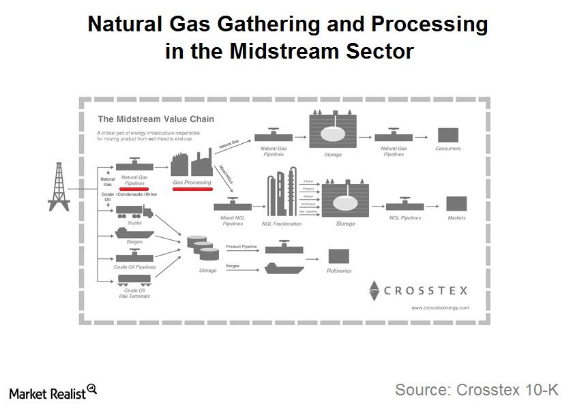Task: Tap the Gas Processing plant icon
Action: (192, 164)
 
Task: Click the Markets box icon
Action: (456, 203)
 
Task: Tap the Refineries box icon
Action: (338, 256)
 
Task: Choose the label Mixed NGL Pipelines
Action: (232, 220)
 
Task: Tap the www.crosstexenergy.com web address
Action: (440, 307)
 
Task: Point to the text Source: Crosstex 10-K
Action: (476, 389)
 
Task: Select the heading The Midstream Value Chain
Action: (156, 119)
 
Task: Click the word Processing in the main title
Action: (429, 25)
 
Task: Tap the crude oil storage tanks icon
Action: (203, 246)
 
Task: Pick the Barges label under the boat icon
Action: (134, 241)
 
